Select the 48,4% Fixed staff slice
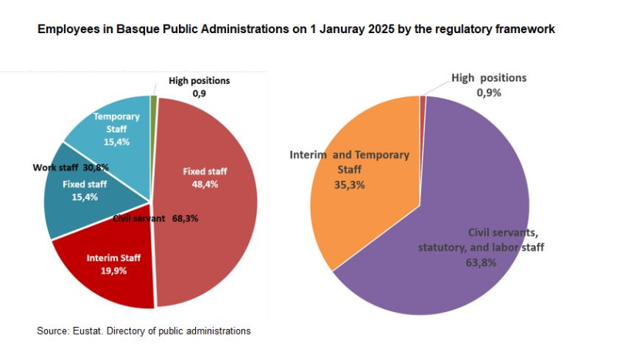click(x=212, y=231)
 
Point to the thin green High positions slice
click(x=154, y=100)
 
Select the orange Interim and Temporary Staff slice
click(x=362, y=208)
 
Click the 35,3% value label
click(x=349, y=184)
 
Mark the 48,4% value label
click(x=204, y=184)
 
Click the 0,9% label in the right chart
click(x=489, y=93)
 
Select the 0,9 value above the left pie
click(x=199, y=93)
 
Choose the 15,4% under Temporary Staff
click(x=116, y=142)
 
